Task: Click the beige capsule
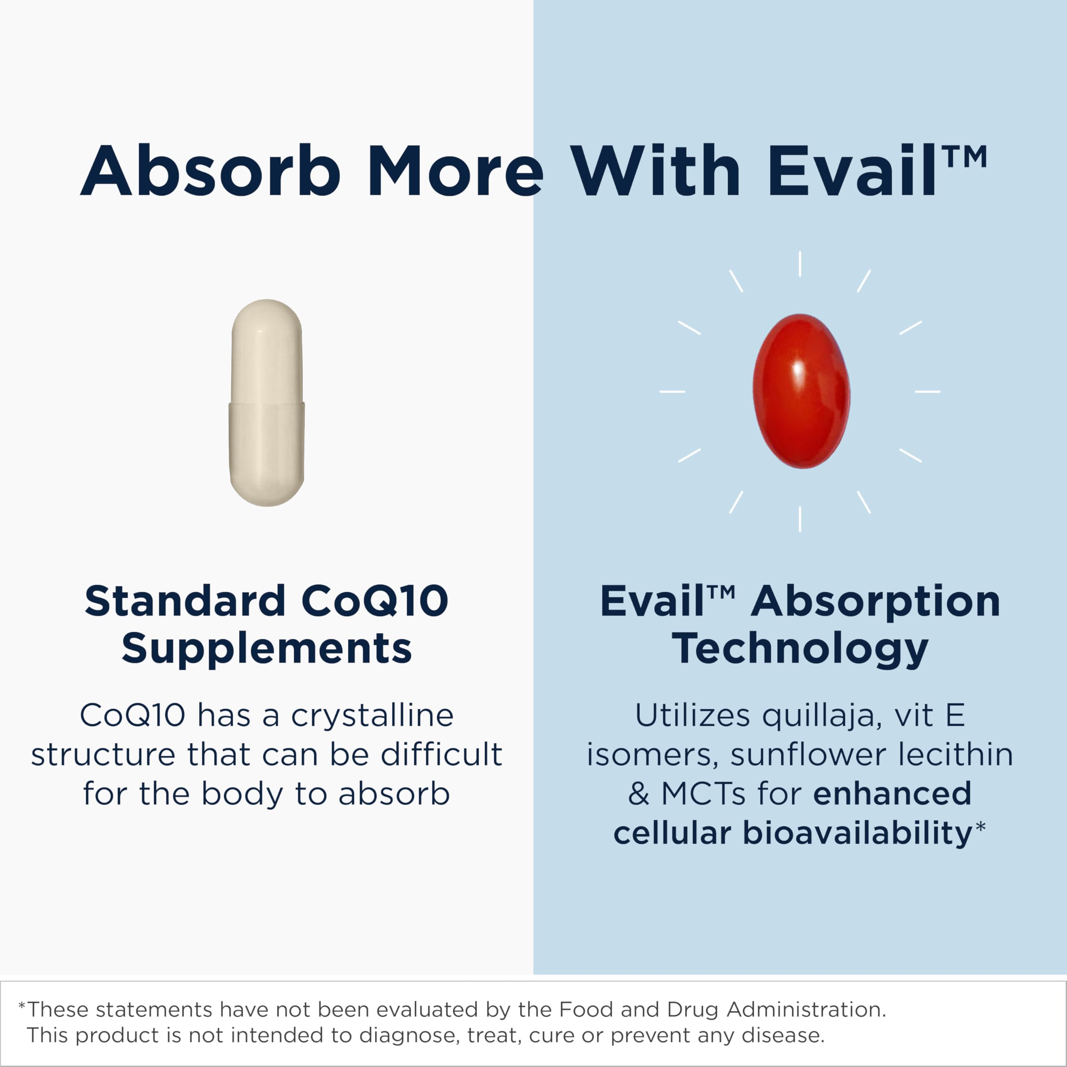(x=267, y=403)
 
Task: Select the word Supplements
(x=267, y=649)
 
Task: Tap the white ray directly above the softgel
(x=800, y=264)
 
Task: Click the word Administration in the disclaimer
(x=807, y=1009)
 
